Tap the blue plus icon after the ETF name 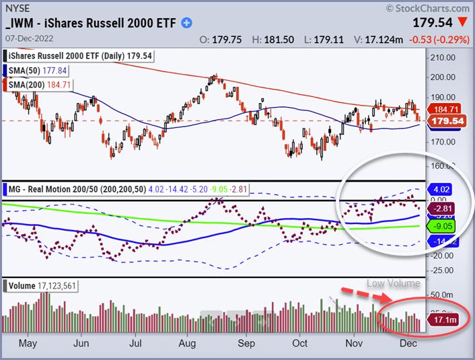coord(186,22)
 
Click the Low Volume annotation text coord(394,283)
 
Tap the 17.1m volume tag coord(444,320)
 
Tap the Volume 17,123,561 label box coord(41,287)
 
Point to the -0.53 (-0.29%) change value coord(441,39)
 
